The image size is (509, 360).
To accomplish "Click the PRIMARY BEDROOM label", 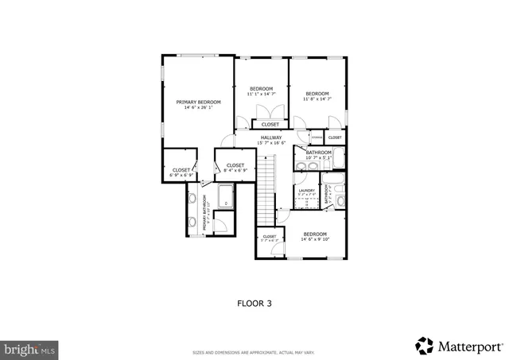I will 198,103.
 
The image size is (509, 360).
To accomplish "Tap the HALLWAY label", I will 271,137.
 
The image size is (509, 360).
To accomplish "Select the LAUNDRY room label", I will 307,190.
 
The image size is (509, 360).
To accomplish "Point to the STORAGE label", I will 317,137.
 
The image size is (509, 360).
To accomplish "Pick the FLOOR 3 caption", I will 254,303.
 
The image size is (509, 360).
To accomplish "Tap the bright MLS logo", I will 30,348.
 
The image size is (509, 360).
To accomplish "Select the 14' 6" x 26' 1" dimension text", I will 198,109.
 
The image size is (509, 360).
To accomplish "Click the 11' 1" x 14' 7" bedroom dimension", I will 262,94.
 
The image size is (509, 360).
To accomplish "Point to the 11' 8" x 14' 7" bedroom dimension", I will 317,99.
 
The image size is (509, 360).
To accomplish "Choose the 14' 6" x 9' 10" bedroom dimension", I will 315,240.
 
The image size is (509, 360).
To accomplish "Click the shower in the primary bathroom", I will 225,196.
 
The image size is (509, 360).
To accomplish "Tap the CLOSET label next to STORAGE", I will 335,137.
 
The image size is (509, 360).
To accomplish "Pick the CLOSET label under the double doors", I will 270,125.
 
